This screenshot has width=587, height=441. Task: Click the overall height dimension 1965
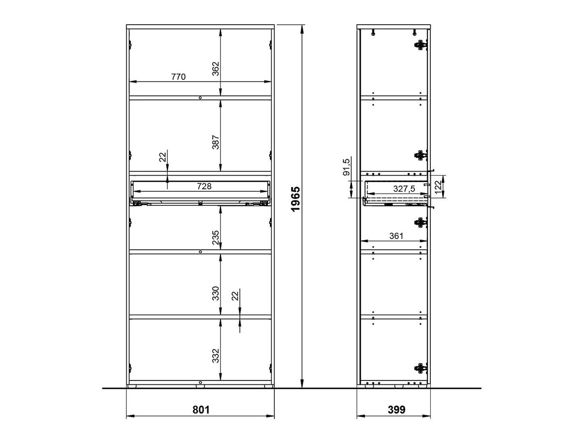[295, 199]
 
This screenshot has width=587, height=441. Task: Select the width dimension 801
[201, 410]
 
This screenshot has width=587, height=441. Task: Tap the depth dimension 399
[396, 410]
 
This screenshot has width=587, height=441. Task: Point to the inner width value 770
[178, 77]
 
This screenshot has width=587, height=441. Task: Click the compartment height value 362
[216, 69]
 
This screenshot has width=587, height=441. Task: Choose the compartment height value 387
[216, 142]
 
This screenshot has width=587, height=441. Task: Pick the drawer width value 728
[204, 186]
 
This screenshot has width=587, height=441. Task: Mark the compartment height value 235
[216, 238]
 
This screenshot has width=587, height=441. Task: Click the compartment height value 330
[216, 293]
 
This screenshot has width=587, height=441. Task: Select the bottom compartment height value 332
[216, 356]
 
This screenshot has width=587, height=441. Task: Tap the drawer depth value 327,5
[404, 189]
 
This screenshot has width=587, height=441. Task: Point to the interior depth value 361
[396, 236]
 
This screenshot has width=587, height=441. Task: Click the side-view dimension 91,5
[346, 167]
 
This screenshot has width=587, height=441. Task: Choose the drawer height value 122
[438, 187]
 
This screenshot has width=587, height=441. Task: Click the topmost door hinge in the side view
[420, 45]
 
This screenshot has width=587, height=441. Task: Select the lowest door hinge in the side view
[420, 368]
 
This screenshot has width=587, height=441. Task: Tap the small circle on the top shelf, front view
[200, 98]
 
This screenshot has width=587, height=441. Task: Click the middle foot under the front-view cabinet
[200, 386]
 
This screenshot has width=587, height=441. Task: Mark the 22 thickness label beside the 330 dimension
[235, 296]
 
